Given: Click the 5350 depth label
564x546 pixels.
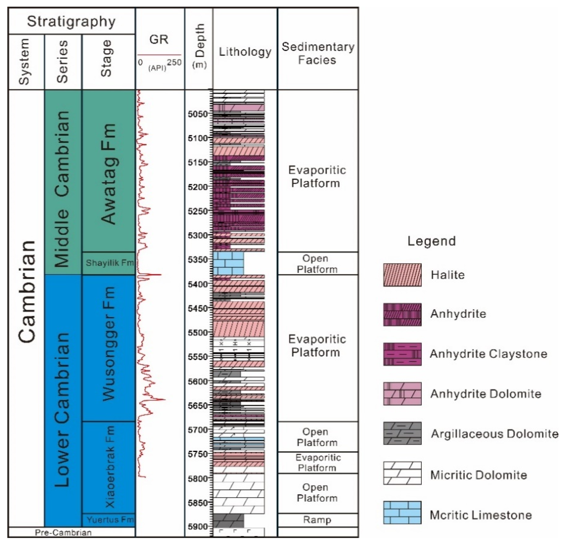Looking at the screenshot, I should [x=197, y=260].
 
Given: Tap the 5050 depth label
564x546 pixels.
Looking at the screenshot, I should [x=197, y=114].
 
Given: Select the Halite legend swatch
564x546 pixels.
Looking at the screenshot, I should [x=402, y=275].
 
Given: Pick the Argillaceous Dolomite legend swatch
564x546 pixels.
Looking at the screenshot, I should [x=402, y=433].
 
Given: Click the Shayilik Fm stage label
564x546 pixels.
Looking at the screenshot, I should [x=110, y=263].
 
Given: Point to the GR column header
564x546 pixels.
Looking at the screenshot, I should [x=159, y=39].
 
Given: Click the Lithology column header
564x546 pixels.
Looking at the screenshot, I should [x=245, y=52].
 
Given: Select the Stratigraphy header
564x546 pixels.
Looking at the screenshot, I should [x=71, y=21].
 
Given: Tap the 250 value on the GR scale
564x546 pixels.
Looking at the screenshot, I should [x=174, y=62].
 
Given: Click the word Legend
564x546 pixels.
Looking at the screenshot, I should [x=431, y=241].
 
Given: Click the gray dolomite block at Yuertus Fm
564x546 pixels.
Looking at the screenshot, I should [x=228, y=520].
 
